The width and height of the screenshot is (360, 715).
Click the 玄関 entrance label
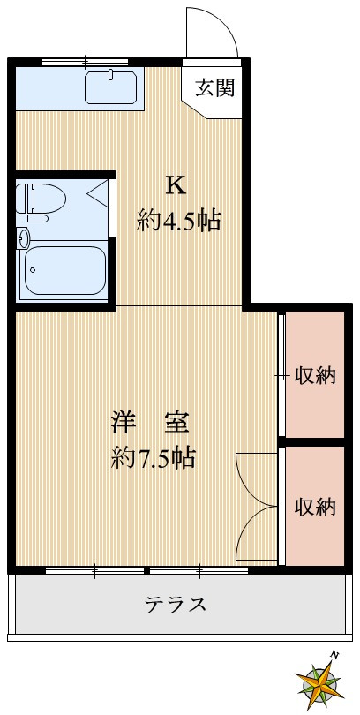point(214,87)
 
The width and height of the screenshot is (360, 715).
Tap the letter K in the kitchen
point(176,185)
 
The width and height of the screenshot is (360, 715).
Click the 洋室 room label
point(149,422)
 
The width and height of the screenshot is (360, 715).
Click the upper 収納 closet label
point(315,376)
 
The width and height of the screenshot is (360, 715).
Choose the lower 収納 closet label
point(315,507)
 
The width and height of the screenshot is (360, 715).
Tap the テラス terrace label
point(176,605)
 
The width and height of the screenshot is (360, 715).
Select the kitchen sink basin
point(112,88)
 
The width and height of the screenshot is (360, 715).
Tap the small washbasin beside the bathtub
point(23,237)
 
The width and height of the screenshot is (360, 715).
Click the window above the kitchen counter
point(86,61)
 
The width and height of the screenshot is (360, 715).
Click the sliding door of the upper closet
point(281,375)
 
